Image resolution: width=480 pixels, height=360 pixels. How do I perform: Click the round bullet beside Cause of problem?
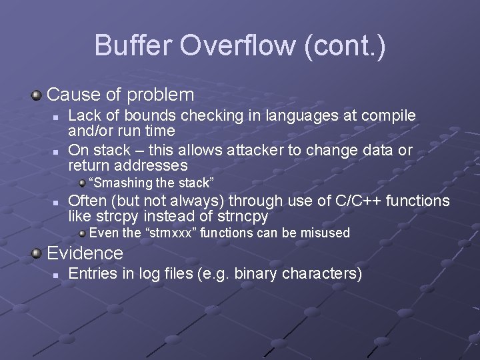(x=37, y=95)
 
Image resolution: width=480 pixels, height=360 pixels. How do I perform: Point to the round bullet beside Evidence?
(x=37, y=253)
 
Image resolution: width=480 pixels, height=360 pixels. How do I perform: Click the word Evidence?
(x=85, y=253)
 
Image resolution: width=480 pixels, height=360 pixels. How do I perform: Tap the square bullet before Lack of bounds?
(x=57, y=117)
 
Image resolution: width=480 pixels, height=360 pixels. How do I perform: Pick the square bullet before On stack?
(x=57, y=151)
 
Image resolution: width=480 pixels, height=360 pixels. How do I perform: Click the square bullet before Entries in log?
(x=57, y=275)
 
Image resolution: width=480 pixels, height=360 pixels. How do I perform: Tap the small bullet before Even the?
(x=82, y=233)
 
